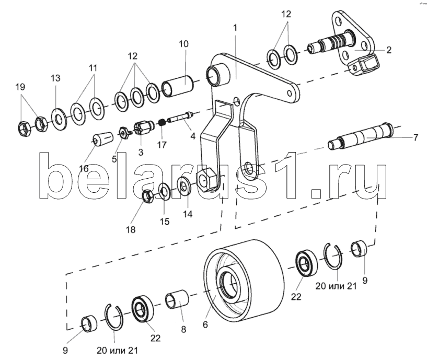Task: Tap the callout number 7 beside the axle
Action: coord(416,137)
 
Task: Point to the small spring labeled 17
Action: coord(163,123)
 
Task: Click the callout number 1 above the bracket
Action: coord(235,28)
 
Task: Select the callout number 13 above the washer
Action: coord(55,78)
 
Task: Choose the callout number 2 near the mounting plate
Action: coord(389,50)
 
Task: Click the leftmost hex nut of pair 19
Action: coord(25,129)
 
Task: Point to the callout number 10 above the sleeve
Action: coord(184,44)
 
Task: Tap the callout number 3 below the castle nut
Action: coord(141,152)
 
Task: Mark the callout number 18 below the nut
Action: coord(131,230)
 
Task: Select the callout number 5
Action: coord(114,159)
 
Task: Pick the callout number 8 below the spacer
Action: coord(183,330)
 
